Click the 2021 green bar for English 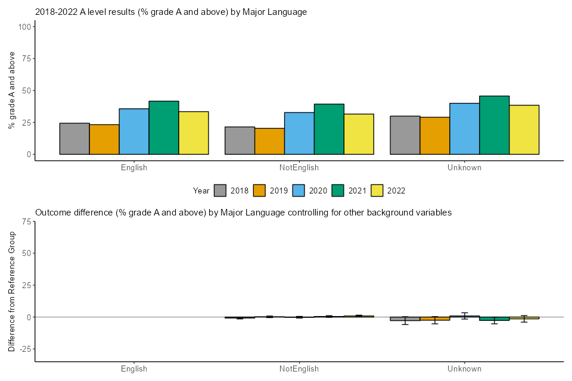pos(164,127)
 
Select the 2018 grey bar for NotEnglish pos(240,140)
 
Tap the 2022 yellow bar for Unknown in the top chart pos(524,130)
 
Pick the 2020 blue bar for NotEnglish pos(299,133)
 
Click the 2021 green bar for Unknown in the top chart pos(495,125)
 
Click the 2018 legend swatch pos(220,190)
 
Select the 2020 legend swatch pos(299,190)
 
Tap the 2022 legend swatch pos(378,190)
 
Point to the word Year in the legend pos(201,190)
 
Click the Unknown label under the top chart pos(464,168)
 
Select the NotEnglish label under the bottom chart pos(299,369)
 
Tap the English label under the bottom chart pos(134,369)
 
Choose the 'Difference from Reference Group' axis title pos(12,291)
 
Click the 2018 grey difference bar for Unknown pos(405,319)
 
